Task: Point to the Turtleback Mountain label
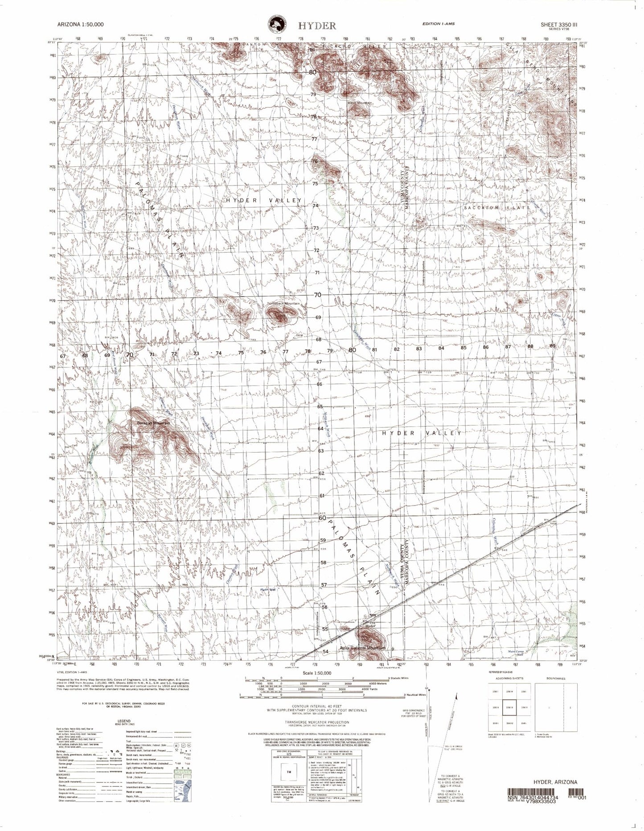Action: coord(283,304)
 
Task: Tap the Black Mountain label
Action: coord(360,103)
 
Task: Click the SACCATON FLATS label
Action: coord(497,208)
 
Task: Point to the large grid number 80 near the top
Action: coord(313,72)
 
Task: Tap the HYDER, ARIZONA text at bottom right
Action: coord(555,782)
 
